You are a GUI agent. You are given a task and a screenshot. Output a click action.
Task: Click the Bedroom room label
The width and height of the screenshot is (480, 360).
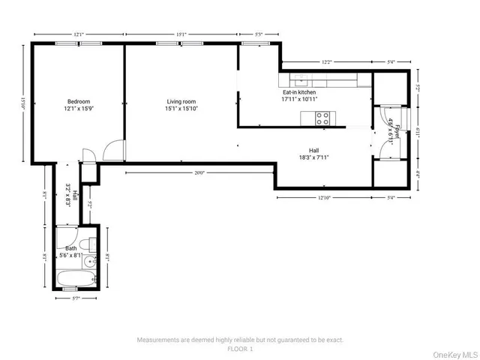[x=79, y=102]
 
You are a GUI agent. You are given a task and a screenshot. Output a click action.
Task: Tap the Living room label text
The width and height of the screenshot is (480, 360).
[x=181, y=102]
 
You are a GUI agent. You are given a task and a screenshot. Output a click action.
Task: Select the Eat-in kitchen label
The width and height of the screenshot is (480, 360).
[x=298, y=92]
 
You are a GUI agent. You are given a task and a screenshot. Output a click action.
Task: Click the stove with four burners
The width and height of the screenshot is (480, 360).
[x=322, y=118]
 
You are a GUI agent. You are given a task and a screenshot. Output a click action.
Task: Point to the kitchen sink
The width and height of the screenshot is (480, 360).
[x=299, y=79]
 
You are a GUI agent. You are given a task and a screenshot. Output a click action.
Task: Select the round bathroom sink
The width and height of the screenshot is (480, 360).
[x=89, y=262]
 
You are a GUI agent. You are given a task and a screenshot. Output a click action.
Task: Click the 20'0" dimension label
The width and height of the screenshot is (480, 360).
[x=199, y=172]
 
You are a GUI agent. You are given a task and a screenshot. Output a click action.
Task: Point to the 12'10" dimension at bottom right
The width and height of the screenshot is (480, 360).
[x=324, y=198]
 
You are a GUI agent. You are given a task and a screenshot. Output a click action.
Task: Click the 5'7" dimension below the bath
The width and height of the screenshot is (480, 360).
[x=76, y=299]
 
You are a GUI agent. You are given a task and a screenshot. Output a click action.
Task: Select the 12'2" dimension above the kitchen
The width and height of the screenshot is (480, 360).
[x=326, y=62]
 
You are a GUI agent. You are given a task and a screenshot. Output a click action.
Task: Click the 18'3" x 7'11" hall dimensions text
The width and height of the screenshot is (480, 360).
[x=313, y=157]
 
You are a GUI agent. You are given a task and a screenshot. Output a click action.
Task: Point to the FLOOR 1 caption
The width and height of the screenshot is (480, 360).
[x=239, y=348]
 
